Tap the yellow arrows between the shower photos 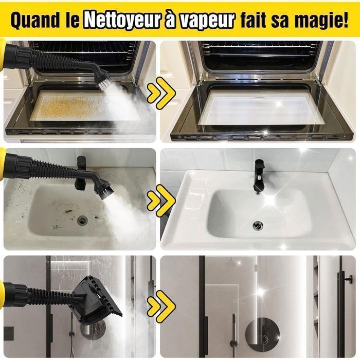pyautogui.click(x=161, y=303)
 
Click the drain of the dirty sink pyautogui.click(x=83, y=220)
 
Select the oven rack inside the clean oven pyautogui.click(x=260, y=49)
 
